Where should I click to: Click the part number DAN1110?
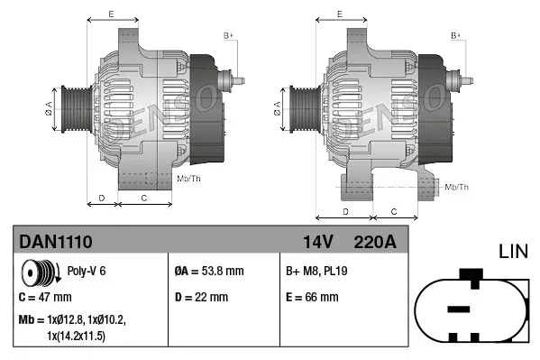(x=55, y=241)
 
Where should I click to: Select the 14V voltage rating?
(x=319, y=241)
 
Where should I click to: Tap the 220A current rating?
(x=376, y=241)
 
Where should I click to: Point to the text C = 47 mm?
(x=45, y=296)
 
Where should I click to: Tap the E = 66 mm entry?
(x=311, y=296)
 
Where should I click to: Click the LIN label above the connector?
(x=513, y=250)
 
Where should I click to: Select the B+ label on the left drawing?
(x=228, y=35)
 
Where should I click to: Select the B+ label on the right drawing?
(x=456, y=35)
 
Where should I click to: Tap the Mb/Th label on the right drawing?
(x=457, y=187)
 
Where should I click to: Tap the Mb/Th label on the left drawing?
(x=189, y=180)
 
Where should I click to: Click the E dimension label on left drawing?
(x=110, y=14)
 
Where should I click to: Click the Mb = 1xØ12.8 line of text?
(x=72, y=319)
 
